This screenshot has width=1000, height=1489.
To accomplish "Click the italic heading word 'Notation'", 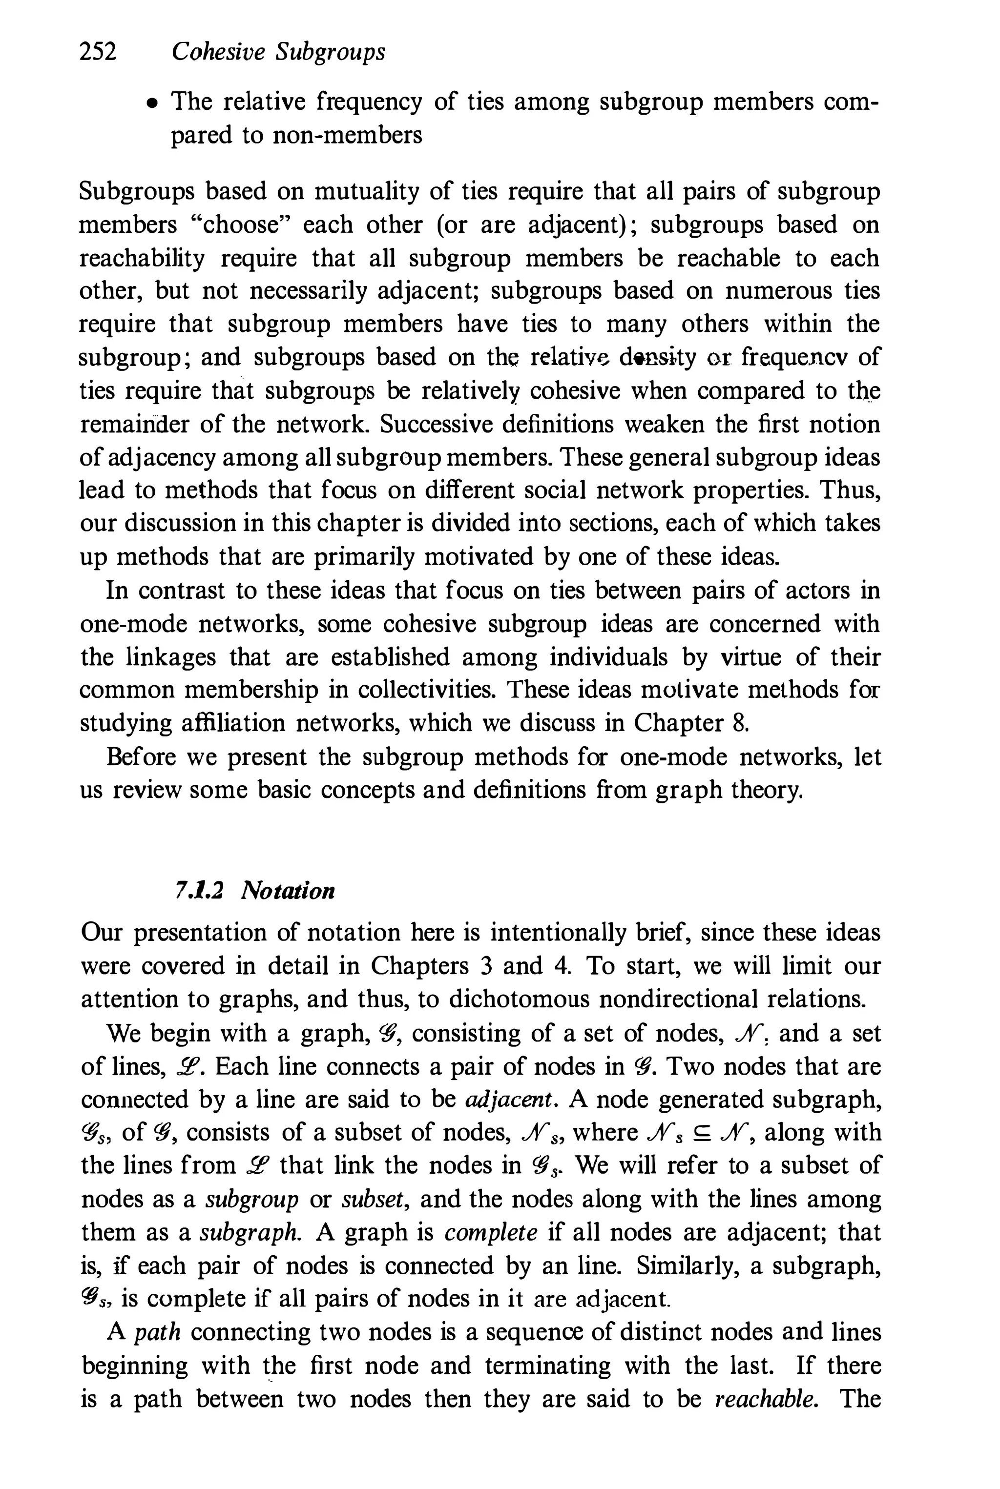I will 288,891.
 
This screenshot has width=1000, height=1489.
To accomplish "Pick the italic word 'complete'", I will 490,1233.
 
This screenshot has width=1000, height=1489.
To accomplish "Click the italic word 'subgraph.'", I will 250,1233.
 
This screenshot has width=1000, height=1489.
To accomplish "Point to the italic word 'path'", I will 158,1332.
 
